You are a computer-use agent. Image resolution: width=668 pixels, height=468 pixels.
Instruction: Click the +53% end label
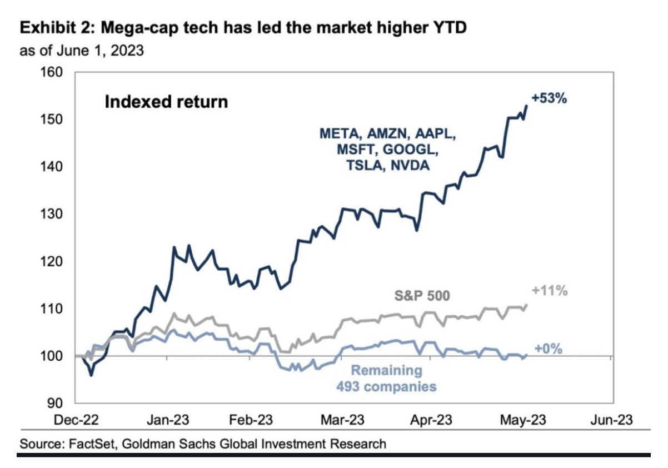[549, 99]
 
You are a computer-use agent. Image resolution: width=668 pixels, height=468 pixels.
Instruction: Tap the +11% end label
[549, 290]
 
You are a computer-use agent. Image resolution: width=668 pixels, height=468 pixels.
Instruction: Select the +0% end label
[548, 349]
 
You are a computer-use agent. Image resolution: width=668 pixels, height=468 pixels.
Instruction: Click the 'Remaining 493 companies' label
[387, 379]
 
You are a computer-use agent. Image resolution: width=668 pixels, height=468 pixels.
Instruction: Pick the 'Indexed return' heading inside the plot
[166, 102]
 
